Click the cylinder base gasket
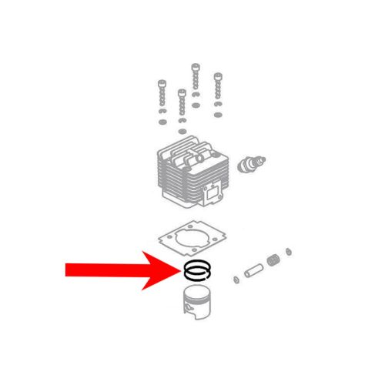pos(189,239)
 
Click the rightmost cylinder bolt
pos(219,89)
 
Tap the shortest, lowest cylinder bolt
pos(181,108)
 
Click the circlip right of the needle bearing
pos(287,252)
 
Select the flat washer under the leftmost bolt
pos(162,121)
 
